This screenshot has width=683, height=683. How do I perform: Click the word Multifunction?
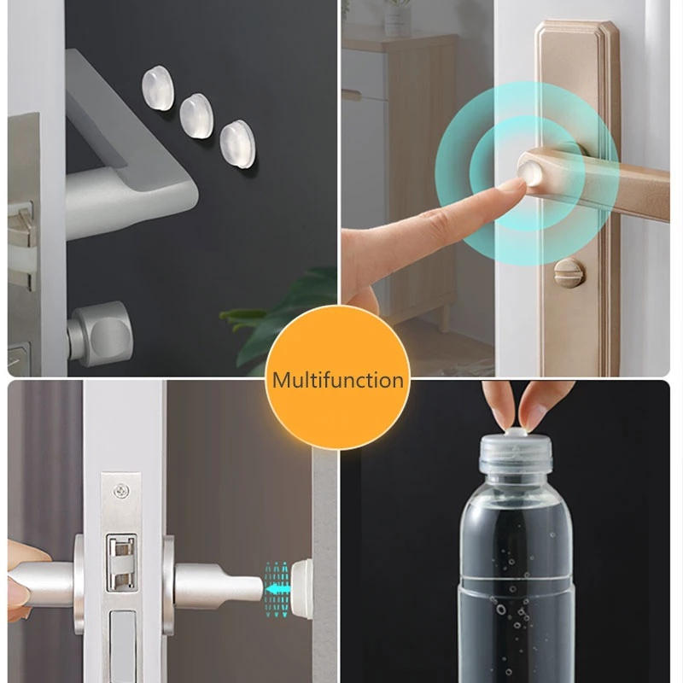pyautogui.click(x=337, y=380)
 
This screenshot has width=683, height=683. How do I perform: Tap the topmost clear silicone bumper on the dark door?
pyautogui.click(x=157, y=88)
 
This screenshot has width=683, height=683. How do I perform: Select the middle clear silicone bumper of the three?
pyautogui.click(x=196, y=114)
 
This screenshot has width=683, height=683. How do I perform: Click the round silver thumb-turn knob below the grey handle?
pyautogui.click(x=101, y=332)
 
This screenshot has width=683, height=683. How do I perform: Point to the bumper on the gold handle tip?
pyautogui.click(x=530, y=173)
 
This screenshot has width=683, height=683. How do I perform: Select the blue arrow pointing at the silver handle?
pyautogui.click(x=277, y=589)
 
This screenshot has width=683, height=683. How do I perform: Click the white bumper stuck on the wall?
pyautogui.click(x=302, y=589)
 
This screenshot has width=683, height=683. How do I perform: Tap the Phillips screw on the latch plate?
pyautogui.click(x=121, y=491)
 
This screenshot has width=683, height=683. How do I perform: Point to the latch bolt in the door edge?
pyautogui.click(x=121, y=562)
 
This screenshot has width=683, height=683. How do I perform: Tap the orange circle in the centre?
pyautogui.click(x=337, y=377)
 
